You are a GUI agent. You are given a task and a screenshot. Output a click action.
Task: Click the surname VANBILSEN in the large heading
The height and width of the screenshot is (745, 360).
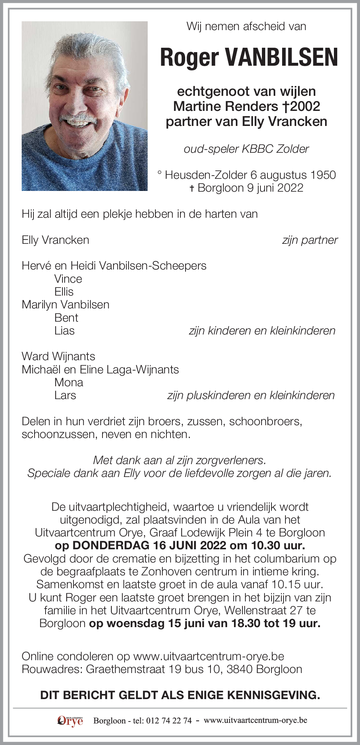pyautogui.click(x=281, y=57)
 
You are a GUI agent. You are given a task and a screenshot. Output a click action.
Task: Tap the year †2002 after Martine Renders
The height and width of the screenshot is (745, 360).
pyautogui.click(x=301, y=106)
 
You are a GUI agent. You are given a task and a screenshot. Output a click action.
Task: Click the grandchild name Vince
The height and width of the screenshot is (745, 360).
pyautogui.click(x=68, y=279)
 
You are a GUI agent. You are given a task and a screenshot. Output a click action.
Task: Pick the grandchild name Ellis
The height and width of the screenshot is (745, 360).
pyautogui.click(x=64, y=292)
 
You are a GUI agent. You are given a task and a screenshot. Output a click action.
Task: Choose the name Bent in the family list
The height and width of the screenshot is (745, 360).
pyautogui.click(x=66, y=318)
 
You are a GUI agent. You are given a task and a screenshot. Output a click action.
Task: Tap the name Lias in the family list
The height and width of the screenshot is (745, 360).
pyautogui.click(x=64, y=330)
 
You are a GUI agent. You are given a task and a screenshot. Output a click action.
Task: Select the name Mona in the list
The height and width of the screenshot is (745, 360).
pyautogui.click(x=69, y=382)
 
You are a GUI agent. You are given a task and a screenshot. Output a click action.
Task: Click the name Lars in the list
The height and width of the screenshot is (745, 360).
pyautogui.click(x=65, y=395)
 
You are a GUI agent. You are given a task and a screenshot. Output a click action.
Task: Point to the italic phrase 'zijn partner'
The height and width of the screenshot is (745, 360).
pyautogui.click(x=310, y=240)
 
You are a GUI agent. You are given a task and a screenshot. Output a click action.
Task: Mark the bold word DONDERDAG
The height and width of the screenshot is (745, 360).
pyautogui.click(x=111, y=545)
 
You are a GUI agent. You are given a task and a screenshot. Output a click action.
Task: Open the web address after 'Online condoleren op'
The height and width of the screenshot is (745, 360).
pyautogui.click(x=209, y=656)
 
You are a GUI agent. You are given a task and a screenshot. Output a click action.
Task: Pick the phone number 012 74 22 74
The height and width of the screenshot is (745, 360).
pyautogui.click(x=169, y=720)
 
